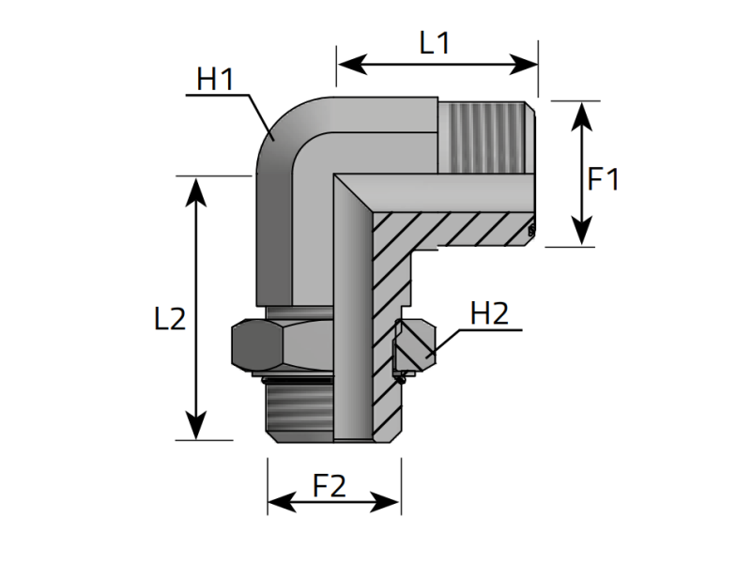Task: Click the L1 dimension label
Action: click(434, 42)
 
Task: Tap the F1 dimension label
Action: click(603, 179)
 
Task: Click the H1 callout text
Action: click(214, 81)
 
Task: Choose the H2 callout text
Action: click(488, 313)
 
